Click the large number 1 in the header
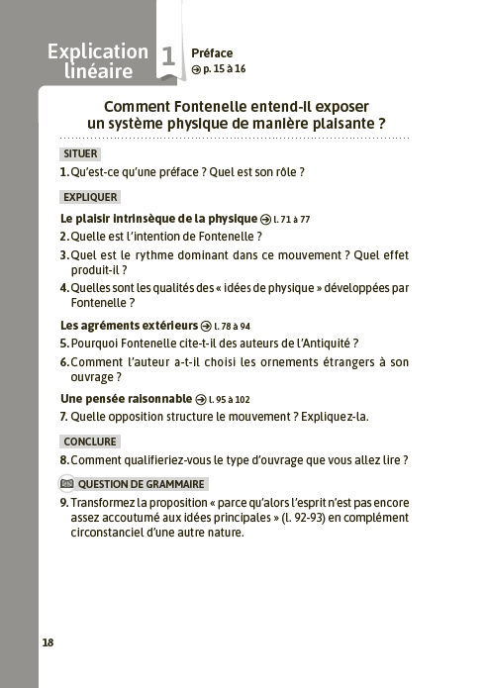point(168,58)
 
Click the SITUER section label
point(80,154)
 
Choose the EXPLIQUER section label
point(90,197)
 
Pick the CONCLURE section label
point(89,442)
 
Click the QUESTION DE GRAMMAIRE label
point(140,484)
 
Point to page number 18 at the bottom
point(48,642)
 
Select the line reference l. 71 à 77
point(292,218)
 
